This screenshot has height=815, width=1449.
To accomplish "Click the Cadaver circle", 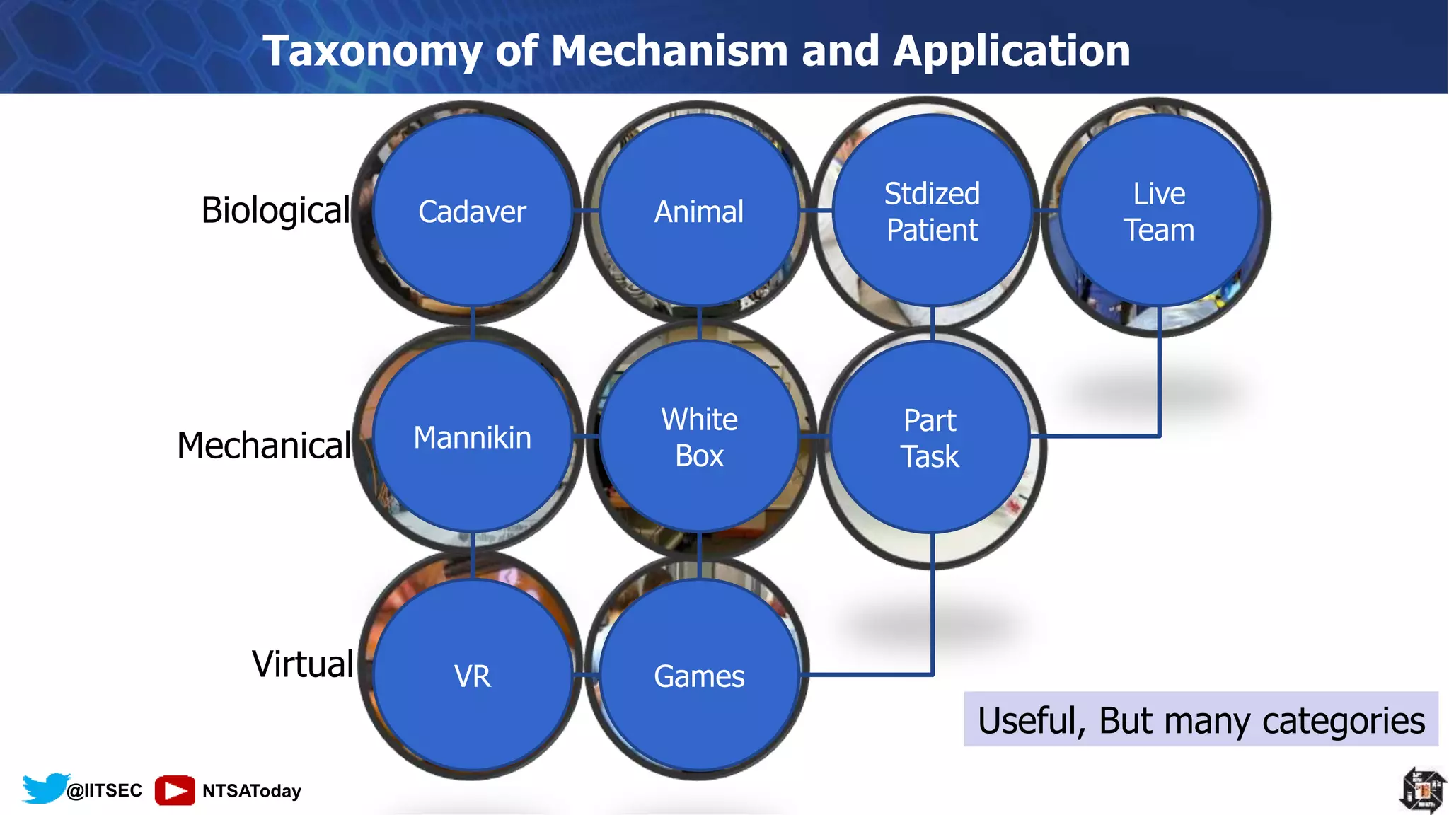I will pos(472,211).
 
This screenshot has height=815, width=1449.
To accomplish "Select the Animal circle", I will pos(699,211).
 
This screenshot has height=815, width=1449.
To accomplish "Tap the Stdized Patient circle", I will pos(932,211).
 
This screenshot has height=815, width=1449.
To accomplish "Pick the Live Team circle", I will pos(1159,211).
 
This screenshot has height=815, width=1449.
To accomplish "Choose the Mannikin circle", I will pos(472,437).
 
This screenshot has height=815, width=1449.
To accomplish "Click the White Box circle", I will pos(699,437).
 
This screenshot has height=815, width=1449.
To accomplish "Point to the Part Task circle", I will pos(930,437).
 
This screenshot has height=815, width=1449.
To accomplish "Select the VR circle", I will pos(472,675).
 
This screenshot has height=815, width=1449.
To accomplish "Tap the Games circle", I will pos(699,675).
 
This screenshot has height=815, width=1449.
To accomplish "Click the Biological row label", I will pos(275,210).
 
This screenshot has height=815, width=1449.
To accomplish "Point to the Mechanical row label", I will pos(264,445).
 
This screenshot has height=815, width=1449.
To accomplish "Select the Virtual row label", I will pos(303,664).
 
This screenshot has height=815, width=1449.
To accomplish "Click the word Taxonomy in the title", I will pos(372,51).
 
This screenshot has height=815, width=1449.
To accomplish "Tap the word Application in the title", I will pos(1012,51).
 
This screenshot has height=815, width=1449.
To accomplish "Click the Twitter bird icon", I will pos(45,787).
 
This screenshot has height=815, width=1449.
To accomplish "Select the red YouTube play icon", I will pos(175,790).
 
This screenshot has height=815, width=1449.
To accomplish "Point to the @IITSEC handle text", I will pos(104,790).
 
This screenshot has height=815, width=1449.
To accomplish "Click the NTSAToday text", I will pos(252,790).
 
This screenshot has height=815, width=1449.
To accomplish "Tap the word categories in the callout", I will pos(1343,720).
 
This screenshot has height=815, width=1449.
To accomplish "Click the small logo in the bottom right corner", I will pos(1423,789).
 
